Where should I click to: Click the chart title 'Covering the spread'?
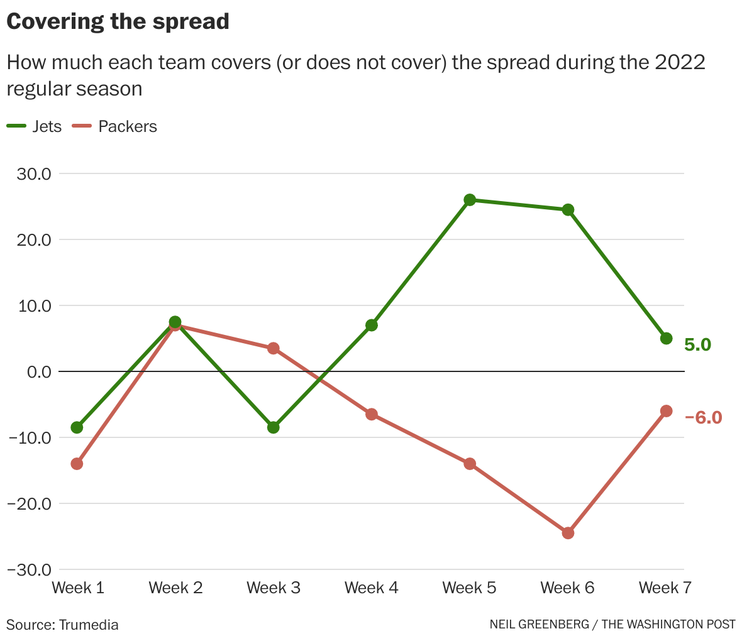(x=118, y=21)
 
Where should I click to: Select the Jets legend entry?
(x=35, y=126)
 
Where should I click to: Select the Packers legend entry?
(x=116, y=126)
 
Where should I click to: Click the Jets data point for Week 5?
(x=470, y=200)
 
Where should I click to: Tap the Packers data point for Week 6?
(x=568, y=533)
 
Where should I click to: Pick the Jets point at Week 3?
(x=274, y=427)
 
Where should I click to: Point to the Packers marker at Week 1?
(x=77, y=464)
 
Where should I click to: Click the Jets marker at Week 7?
(x=667, y=339)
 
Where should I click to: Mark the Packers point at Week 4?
(x=372, y=414)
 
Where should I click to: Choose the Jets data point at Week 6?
(x=568, y=210)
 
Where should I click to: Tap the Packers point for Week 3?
(x=274, y=348)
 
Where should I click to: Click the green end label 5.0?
(x=697, y=345)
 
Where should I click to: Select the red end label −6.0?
(x=703, y=417)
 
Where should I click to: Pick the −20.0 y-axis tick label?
(x=29, y=504)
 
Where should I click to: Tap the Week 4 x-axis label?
(x=371, y=588)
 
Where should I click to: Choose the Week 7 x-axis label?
(x=665, y=588)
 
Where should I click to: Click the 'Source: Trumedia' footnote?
(x=62, y=625)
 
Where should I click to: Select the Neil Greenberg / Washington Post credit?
(x=612, y=625)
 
